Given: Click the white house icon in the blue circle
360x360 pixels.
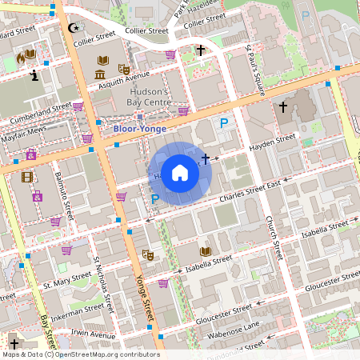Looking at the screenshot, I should (x=180, y=173).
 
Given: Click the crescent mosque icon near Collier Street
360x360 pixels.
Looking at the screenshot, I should (x=75, y=28).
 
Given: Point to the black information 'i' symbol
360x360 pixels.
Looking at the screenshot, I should (x=34, y=76).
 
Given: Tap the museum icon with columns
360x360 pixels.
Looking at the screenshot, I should (x=100, y=75).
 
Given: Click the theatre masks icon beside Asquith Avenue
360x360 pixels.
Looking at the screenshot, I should (x=124, y=70).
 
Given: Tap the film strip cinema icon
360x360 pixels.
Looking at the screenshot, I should (x=28, y=177).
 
